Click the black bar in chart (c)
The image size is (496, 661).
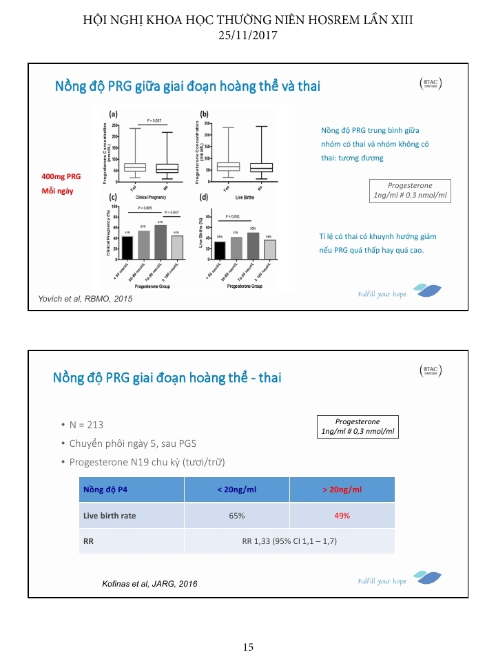click(127, 247)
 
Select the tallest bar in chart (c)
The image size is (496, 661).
click(160, 242)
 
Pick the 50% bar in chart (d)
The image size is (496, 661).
click(253, 245)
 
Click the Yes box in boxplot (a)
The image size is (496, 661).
click(135, 167)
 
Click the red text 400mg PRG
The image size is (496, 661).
click(61, 177)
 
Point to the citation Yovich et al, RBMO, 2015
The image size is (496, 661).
click(83, 299)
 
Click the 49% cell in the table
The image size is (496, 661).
click(342, 515)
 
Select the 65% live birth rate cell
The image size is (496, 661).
click(237, 515)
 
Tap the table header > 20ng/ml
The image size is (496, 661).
click(342, 490)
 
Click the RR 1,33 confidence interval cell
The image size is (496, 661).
click(289, 541)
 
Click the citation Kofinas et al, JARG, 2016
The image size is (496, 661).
click(149, 584)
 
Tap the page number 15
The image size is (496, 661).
click(248, 647)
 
